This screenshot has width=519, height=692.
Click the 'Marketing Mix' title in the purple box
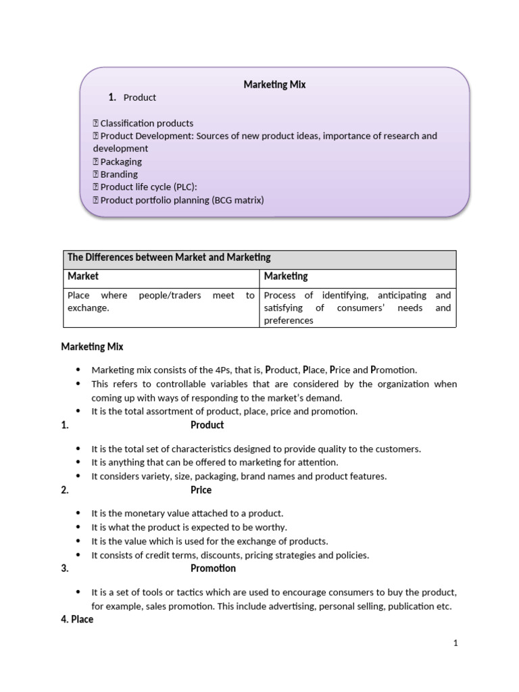[274, 84]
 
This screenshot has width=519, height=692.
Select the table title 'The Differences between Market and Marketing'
[169, 257]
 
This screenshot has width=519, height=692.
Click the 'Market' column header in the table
[83, 276]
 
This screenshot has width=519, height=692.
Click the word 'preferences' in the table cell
[289, 320]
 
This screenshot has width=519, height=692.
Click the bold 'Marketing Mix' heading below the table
[92, 347]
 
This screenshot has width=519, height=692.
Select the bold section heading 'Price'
[201, 490]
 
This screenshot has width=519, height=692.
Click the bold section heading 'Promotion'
[213, 568]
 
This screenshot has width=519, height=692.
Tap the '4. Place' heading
[77, 619]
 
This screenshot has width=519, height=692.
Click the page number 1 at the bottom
[455, 643]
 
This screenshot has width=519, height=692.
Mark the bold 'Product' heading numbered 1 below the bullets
[207, 425]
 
